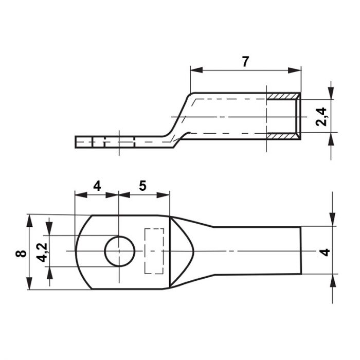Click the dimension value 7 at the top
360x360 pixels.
245,62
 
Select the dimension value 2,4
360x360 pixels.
321,117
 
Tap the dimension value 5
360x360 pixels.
142,186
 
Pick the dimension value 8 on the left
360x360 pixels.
21,254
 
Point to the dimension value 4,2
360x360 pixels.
42,253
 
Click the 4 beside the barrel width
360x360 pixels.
325,253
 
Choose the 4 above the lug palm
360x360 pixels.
97,186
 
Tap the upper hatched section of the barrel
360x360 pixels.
283,96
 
